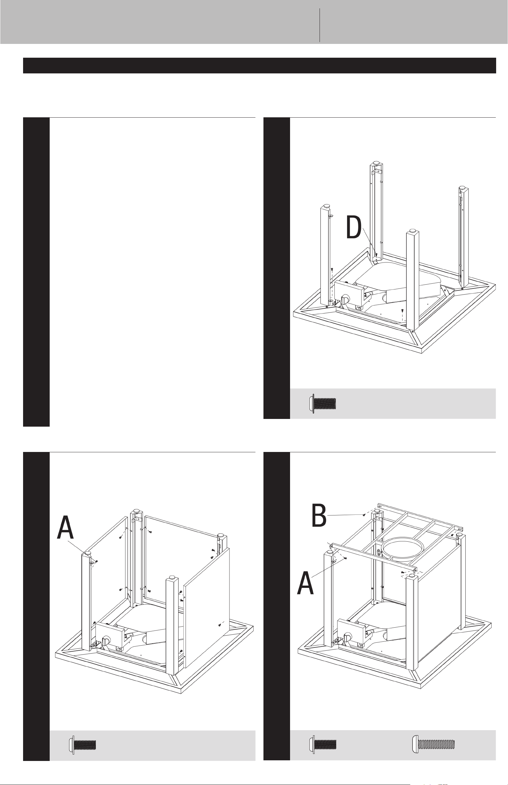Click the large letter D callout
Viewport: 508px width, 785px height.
(354, 228)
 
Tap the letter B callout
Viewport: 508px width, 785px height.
(319, 515)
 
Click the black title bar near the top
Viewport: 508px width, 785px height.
(260, 65)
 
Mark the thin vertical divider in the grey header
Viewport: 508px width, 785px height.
(320, 25)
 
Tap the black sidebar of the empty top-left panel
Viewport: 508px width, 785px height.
(36, 272)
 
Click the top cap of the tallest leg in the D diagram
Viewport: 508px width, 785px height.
(376, 164)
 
